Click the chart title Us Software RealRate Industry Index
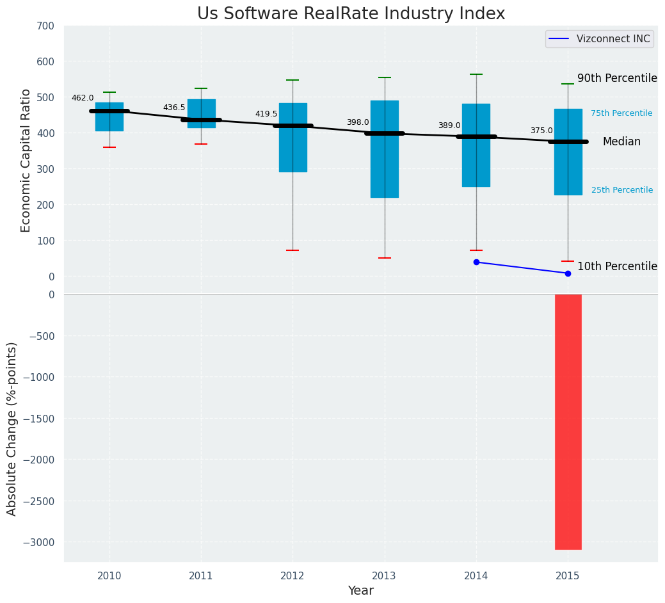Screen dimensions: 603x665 tap(351, 14)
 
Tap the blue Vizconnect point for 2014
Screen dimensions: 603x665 tap(476, 262)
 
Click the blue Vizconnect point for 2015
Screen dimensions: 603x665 tap(568, 273)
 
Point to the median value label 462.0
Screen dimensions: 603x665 tap(83, 98)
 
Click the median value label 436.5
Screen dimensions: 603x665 tap(174, 108)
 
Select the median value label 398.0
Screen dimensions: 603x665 tap(358, 122)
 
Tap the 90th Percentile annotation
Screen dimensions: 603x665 tap(617, 78)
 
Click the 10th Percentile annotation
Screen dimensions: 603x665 tap(617, 266)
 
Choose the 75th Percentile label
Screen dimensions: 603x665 tap(621, 113)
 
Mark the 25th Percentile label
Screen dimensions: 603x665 tap(622, 190)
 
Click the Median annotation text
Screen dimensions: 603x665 tap(621, 142)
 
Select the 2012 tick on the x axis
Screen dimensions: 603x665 tap(292, 576)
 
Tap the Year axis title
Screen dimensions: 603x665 tap(360, 591)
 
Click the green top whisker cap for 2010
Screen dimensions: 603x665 tap(109, 92)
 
